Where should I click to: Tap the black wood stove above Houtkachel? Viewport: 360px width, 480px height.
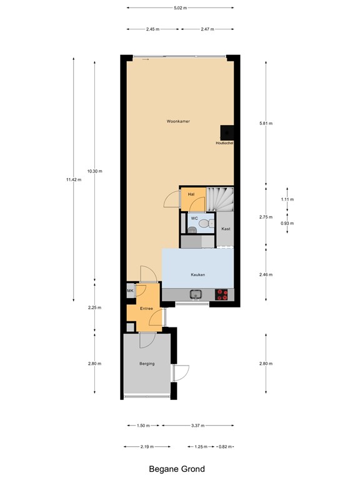(x=226, y=132)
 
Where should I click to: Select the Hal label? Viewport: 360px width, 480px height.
(x=191, y=194)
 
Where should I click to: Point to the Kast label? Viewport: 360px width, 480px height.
(x=226, y=229)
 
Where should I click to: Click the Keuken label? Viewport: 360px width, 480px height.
(x=198, y=275)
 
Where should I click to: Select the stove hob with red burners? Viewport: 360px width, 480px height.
(x=222, y=295)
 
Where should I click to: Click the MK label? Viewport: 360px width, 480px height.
(x=131, y=291)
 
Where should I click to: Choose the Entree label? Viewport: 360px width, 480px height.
(x=146, y=309)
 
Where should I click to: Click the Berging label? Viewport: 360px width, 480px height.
(x=146, y=364)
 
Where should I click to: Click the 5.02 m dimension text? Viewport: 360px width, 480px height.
(x=180, y=8)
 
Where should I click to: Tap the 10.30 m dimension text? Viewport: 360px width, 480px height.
(x=94, y=171)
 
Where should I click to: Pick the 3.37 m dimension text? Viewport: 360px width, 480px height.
(x=198, y=426)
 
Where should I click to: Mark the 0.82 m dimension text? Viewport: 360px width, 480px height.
(x=225, y=447)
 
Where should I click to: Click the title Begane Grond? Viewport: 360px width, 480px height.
(x=176, y=469)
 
